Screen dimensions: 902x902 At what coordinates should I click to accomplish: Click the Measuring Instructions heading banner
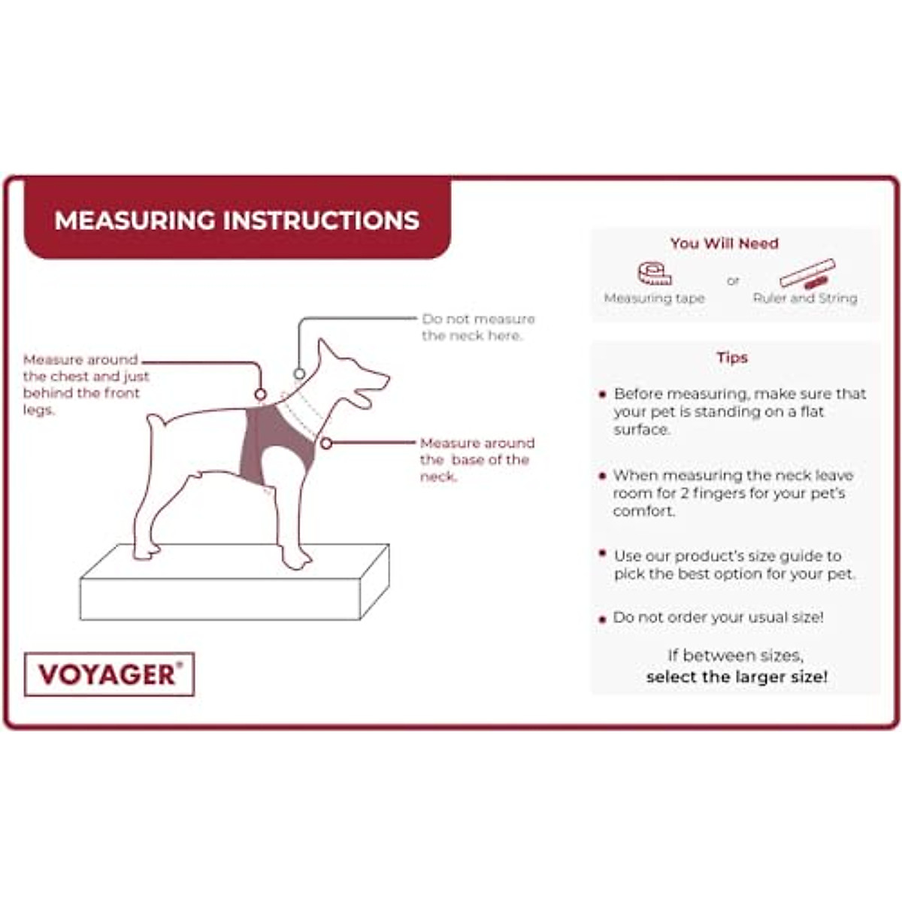pos(237,220)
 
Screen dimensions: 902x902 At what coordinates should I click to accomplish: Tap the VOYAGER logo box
pos(110,674)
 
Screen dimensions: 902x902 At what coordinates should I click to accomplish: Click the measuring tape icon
pos(654,273)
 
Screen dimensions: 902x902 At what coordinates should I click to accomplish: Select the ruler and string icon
pos(807,274)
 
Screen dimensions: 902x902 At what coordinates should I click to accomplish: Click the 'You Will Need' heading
pos(724,244)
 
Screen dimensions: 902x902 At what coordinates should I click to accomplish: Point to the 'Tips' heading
pos(731,358)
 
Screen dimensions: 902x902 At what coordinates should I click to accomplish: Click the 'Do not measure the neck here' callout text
pos(478,327)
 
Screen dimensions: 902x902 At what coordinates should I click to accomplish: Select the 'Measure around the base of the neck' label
pos(477,459)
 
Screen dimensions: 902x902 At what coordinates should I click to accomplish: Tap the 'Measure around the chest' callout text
pos(85,384)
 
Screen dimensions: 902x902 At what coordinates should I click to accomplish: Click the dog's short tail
pos(156,426)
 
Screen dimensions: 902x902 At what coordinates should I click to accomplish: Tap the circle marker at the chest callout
pos(260,395)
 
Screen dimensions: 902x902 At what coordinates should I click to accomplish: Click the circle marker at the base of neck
pos(326,443)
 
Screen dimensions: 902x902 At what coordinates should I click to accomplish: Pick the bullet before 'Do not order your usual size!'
pos(602,619)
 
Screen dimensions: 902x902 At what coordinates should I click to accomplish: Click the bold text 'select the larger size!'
pos(737,676)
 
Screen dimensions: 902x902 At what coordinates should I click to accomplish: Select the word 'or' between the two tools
pos(733,280)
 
